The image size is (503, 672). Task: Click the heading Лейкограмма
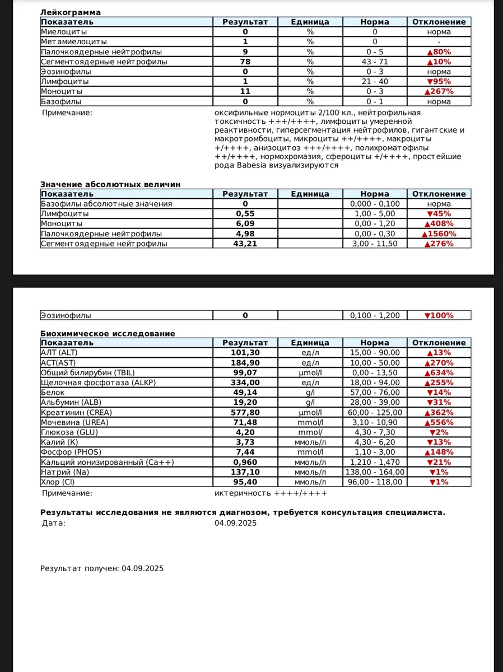(x=71, y=12)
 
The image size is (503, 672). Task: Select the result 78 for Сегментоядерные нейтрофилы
(x=245, y=62)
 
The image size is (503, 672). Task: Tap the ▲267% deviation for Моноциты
(x=439, y=91)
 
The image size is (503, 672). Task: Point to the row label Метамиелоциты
(x=74, y=41)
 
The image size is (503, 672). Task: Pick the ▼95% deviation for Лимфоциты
(x=439, y=81)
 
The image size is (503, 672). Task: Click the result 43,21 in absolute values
(x=245, y=244)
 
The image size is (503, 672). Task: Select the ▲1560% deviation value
(x=439, y=234)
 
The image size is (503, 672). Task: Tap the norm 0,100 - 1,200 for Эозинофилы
(x=375, y=315)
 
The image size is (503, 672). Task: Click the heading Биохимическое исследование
(x=108, y=333)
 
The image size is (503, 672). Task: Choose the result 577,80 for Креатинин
(x=245, y=412)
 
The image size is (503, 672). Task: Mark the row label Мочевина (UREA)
(x=74, y=422)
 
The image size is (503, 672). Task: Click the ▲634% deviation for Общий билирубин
(x=439, y=372)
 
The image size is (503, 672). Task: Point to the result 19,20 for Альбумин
(x=245, y=402)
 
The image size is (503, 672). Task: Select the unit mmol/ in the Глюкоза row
(x=310, y=432)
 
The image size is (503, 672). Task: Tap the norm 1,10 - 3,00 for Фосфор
(x=375, y=452)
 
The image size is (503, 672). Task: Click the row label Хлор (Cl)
(x=58, y=482)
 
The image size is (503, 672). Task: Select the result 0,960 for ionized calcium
(x=245, y=462)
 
